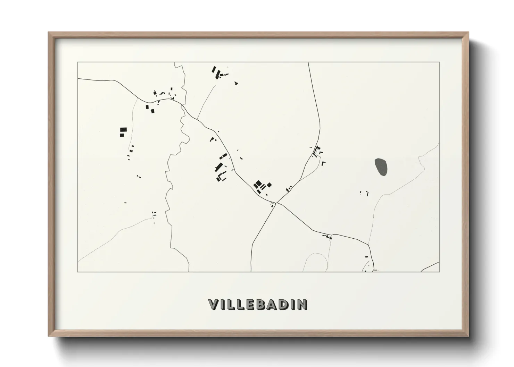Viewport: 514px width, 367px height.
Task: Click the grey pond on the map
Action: point(381,167)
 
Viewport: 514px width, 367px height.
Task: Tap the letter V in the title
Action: point(214,305)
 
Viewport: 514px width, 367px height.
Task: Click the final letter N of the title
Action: point(302,305)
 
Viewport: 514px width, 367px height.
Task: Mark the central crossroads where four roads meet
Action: point(277,202)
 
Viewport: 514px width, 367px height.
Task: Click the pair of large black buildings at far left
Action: point(123,132)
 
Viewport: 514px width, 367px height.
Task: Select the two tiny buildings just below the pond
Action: point(364,193)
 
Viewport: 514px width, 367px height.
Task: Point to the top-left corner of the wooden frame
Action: point(49,33)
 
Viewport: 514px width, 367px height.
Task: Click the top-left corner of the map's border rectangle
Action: point(78,62)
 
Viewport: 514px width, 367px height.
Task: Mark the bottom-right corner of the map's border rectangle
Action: point(439,272)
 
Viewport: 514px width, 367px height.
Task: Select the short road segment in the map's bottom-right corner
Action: point(431,266)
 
